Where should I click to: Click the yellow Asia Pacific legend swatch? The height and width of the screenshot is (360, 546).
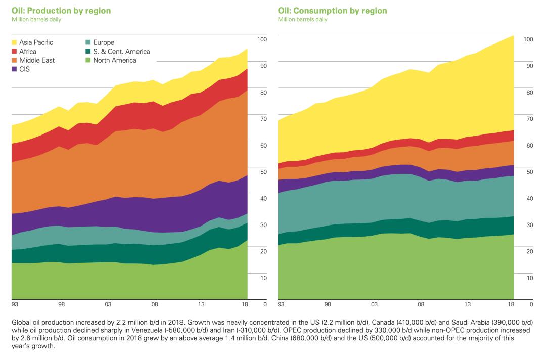15,43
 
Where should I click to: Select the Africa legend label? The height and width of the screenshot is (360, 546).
28,52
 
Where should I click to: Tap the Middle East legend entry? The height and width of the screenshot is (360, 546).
36,60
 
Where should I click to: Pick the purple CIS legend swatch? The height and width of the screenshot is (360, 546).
15,69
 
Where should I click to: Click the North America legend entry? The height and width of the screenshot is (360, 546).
114,60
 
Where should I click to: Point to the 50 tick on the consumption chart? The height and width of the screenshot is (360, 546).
528,172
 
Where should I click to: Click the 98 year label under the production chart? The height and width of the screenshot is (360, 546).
61,305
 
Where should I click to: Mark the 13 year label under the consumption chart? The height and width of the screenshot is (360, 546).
468,305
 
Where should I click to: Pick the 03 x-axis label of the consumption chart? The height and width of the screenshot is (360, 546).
374,305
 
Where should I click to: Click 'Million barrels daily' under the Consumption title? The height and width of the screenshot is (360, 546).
302,19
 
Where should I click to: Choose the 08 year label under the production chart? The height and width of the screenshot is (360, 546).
155,305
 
